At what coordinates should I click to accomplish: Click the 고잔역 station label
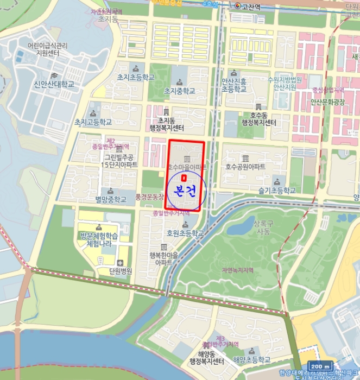pos(251,7)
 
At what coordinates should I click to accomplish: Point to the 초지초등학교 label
pos(136,77)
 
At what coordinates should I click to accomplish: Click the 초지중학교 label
pos(179,90)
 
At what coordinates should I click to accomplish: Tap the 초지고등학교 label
pos(93,122)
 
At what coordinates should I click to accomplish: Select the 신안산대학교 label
pos(54,84)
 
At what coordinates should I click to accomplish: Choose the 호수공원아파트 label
pos(245,167)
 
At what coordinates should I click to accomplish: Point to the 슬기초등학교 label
pos(277,191)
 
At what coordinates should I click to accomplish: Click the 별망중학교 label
pos(111,199)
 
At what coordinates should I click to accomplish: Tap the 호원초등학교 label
pos(185,233)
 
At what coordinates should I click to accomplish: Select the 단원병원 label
pos(120,271)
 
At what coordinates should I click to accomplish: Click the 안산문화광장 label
pos(327,102)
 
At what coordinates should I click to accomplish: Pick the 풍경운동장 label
pos(149,196)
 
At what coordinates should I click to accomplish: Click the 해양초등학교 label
pos(251,360)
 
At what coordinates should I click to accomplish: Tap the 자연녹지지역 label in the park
pos(237,270)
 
